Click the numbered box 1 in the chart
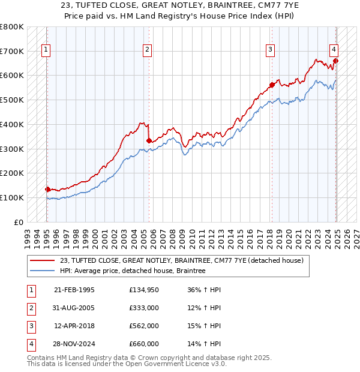pos(46,50)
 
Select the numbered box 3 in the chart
pos(271,50)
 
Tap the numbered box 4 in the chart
pos(334,50)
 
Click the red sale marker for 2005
pos(149,140)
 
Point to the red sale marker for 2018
pos(272,85)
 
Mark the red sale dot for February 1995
pos(47,189)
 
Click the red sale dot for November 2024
pos(335,61)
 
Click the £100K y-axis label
pos(12,197)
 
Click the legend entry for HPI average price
pos(133,271)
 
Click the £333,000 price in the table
pos(144,308)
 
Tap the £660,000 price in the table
pos(144,344)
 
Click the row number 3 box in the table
pos(30,326)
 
